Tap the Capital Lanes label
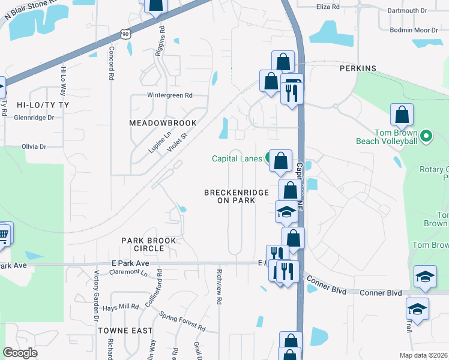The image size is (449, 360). tap(237, 158)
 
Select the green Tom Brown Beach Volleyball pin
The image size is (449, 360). tap(426, 136)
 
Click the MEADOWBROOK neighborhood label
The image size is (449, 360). tap(163, 123)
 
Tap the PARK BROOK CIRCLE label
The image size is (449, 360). tap(149, 244)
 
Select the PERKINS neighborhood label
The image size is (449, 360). tap(358, 69)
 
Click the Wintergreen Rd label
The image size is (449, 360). tap(170, 95)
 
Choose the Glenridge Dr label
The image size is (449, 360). tap(35, 118)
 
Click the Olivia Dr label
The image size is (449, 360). tap(34, 146)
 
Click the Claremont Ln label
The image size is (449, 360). tap(128, 272)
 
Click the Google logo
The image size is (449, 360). tap(20, 353)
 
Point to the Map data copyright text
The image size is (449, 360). tap(424, 355)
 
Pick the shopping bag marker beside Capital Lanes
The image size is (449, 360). tap(280, 161)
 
